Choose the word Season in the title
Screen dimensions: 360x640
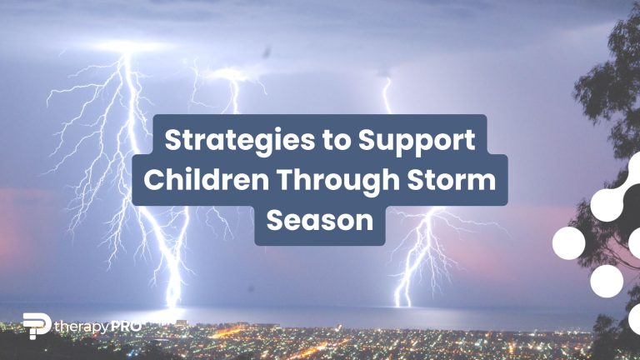(320, 221)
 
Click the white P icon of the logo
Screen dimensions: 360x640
(36, 326)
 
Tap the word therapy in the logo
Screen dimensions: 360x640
(87, 327)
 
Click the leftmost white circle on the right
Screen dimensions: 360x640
(568, 243)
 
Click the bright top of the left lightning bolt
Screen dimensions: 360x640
(127, 50)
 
